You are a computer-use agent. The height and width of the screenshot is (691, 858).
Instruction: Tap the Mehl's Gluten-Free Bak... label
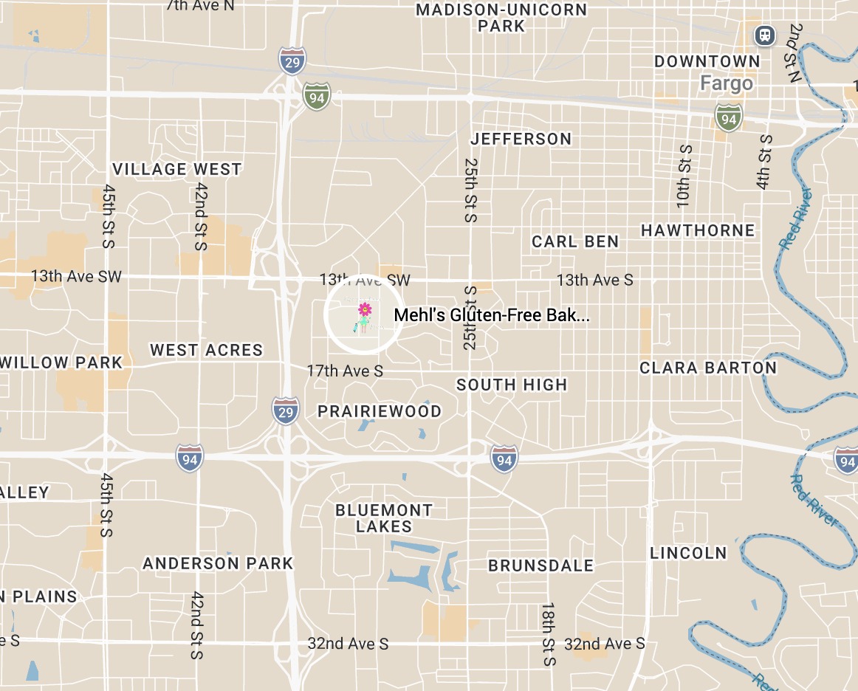[492, 315]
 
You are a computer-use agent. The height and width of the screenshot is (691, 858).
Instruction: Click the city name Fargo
[727, 83]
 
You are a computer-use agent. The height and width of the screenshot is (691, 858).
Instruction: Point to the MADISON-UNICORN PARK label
[501, 18]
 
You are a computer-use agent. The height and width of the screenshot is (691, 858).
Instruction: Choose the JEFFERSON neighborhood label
[521, 139]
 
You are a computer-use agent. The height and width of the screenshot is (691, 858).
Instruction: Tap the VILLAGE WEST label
[176, 169]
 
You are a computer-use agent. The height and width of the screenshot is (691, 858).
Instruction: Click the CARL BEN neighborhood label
[575, 241]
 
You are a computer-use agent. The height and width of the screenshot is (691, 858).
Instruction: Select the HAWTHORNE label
[698, 230]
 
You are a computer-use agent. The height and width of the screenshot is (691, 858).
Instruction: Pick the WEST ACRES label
[206, 350]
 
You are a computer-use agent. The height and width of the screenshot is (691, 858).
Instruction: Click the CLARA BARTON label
[708, 368]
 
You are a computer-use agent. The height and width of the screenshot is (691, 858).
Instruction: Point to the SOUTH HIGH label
[512, 385]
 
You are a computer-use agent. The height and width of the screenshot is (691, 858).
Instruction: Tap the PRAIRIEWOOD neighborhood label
[380, 411]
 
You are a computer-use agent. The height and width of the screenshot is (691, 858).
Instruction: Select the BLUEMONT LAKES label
[384, 518]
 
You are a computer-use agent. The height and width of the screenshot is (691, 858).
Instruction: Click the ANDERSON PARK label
[218, 563]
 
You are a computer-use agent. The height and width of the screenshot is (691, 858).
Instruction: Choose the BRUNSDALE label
[541, 565]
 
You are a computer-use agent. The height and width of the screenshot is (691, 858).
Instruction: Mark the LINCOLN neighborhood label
[688, 552]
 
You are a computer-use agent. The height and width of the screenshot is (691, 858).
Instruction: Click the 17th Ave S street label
[345, 371]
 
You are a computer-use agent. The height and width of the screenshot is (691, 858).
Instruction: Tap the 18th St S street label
[548, 633]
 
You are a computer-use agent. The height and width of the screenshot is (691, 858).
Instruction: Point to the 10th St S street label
[684, 176]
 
